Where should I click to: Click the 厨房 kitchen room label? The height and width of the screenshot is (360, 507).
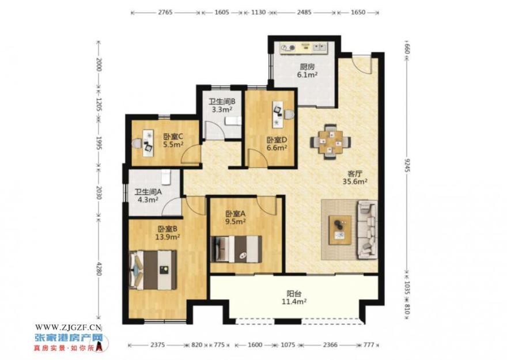pyautogui.click(x=307, y=67)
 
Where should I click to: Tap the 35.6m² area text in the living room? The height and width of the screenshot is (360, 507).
pyautogui.click(x=355, y=181)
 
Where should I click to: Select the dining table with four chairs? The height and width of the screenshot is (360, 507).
pyautogui.click(x=331, y=142)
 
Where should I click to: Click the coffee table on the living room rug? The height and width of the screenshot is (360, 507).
pyautogui.click(x=340, y=230)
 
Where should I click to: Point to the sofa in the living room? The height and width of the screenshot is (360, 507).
pyautogui.click(x=368, y=230)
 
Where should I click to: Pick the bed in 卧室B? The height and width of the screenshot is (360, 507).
pyautogui.click(x=153, y=270)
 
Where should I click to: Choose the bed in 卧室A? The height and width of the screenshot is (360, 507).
pyautogui.click(x=236, y=249)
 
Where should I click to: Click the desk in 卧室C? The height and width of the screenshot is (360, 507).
pyautogui.click(x=148, y=143)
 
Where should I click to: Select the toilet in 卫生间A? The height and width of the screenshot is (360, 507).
pyautogui.click(x=165, y=176)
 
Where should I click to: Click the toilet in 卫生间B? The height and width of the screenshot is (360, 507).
pyautogui.click(x=233, y=121)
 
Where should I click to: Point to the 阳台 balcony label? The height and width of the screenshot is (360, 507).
pyautogui.click(x=294, y=294)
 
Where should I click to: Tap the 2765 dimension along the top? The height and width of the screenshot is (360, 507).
pyautogui.click(x=165, y=13)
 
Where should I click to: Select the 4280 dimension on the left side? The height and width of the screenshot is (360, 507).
pyautogui.click(x=99, y=268)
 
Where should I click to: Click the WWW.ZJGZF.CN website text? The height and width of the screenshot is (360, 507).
pyautogui.click(x=69, y=328)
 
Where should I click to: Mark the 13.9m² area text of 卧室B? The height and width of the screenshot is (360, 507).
pyautogui.click(x=168, y=237)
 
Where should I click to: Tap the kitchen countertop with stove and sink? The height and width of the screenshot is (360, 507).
pyautogui.click(x=304, y=48)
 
